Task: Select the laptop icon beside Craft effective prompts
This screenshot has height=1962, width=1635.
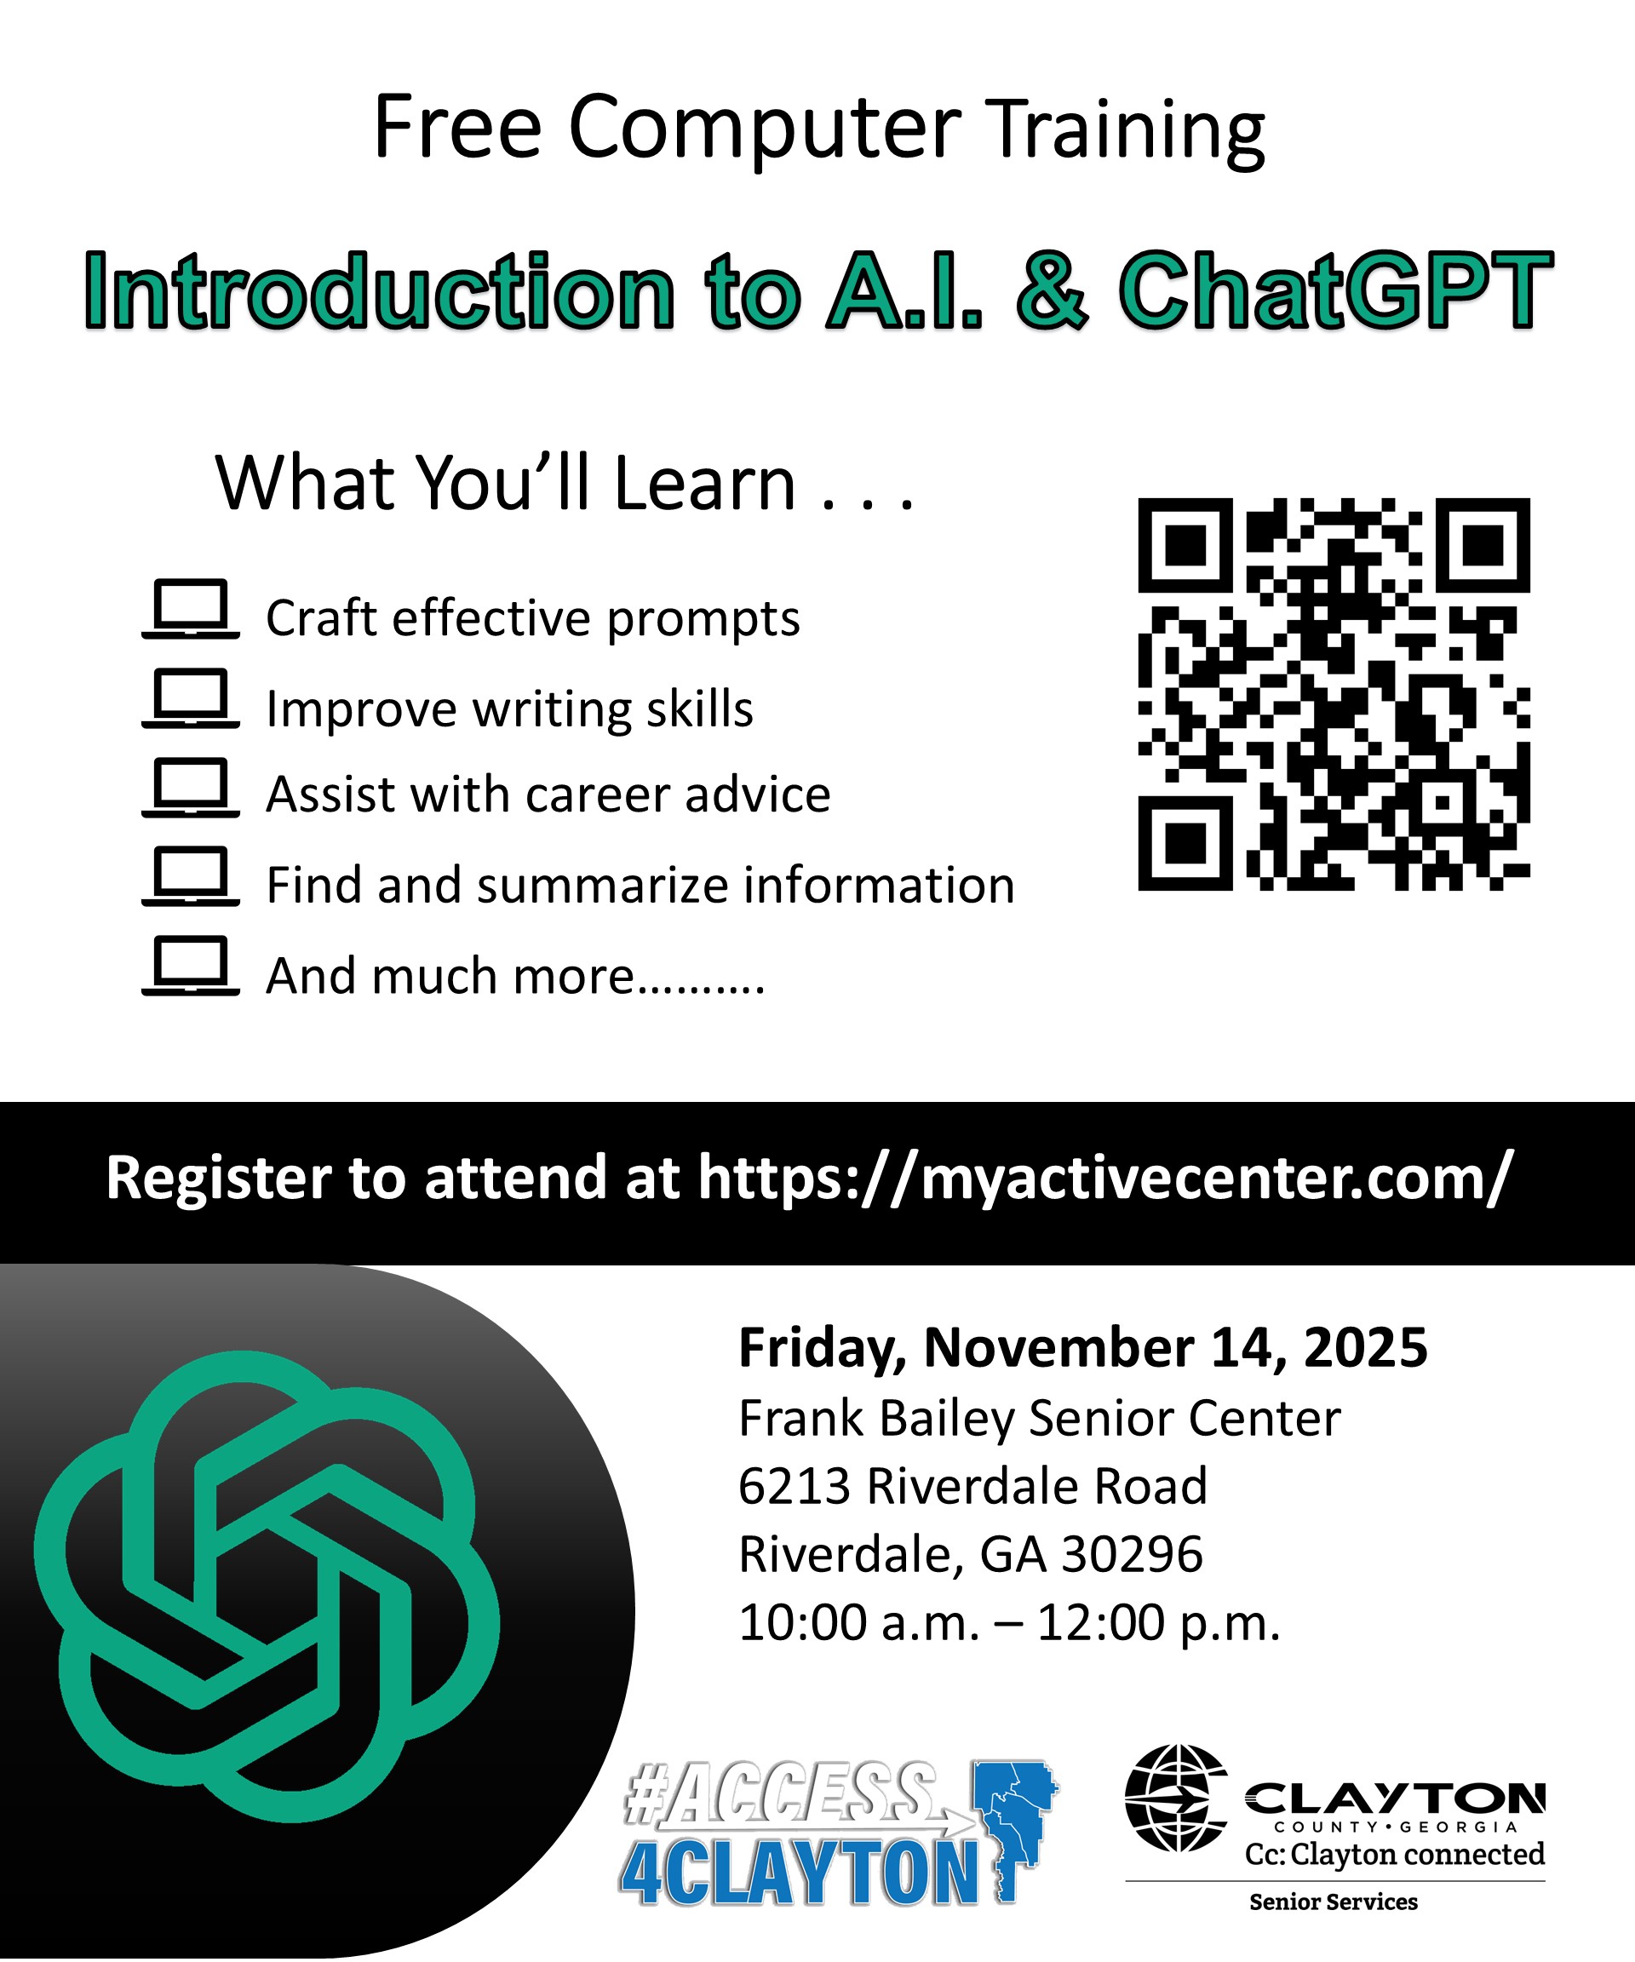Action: (191, 609)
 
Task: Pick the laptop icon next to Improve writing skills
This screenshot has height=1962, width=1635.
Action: (191, 698)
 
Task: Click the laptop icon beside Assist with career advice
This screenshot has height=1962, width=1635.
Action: (191, 788)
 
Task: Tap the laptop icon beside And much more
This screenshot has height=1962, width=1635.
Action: (191, 966)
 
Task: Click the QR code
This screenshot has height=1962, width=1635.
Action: (1334, 694)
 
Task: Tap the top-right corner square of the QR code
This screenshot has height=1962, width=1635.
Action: (1483, 546)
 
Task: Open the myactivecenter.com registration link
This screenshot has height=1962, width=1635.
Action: (1104, 1178)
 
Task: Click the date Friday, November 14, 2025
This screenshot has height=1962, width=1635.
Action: (1083, 1349)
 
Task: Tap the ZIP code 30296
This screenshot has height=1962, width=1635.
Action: (1133, 1555)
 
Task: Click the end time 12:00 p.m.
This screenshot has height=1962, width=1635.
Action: (1158, 1624)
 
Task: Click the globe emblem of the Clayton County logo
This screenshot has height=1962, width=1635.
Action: (1176, 1798)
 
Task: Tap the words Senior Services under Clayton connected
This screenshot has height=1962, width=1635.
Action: (1334, 1902)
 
